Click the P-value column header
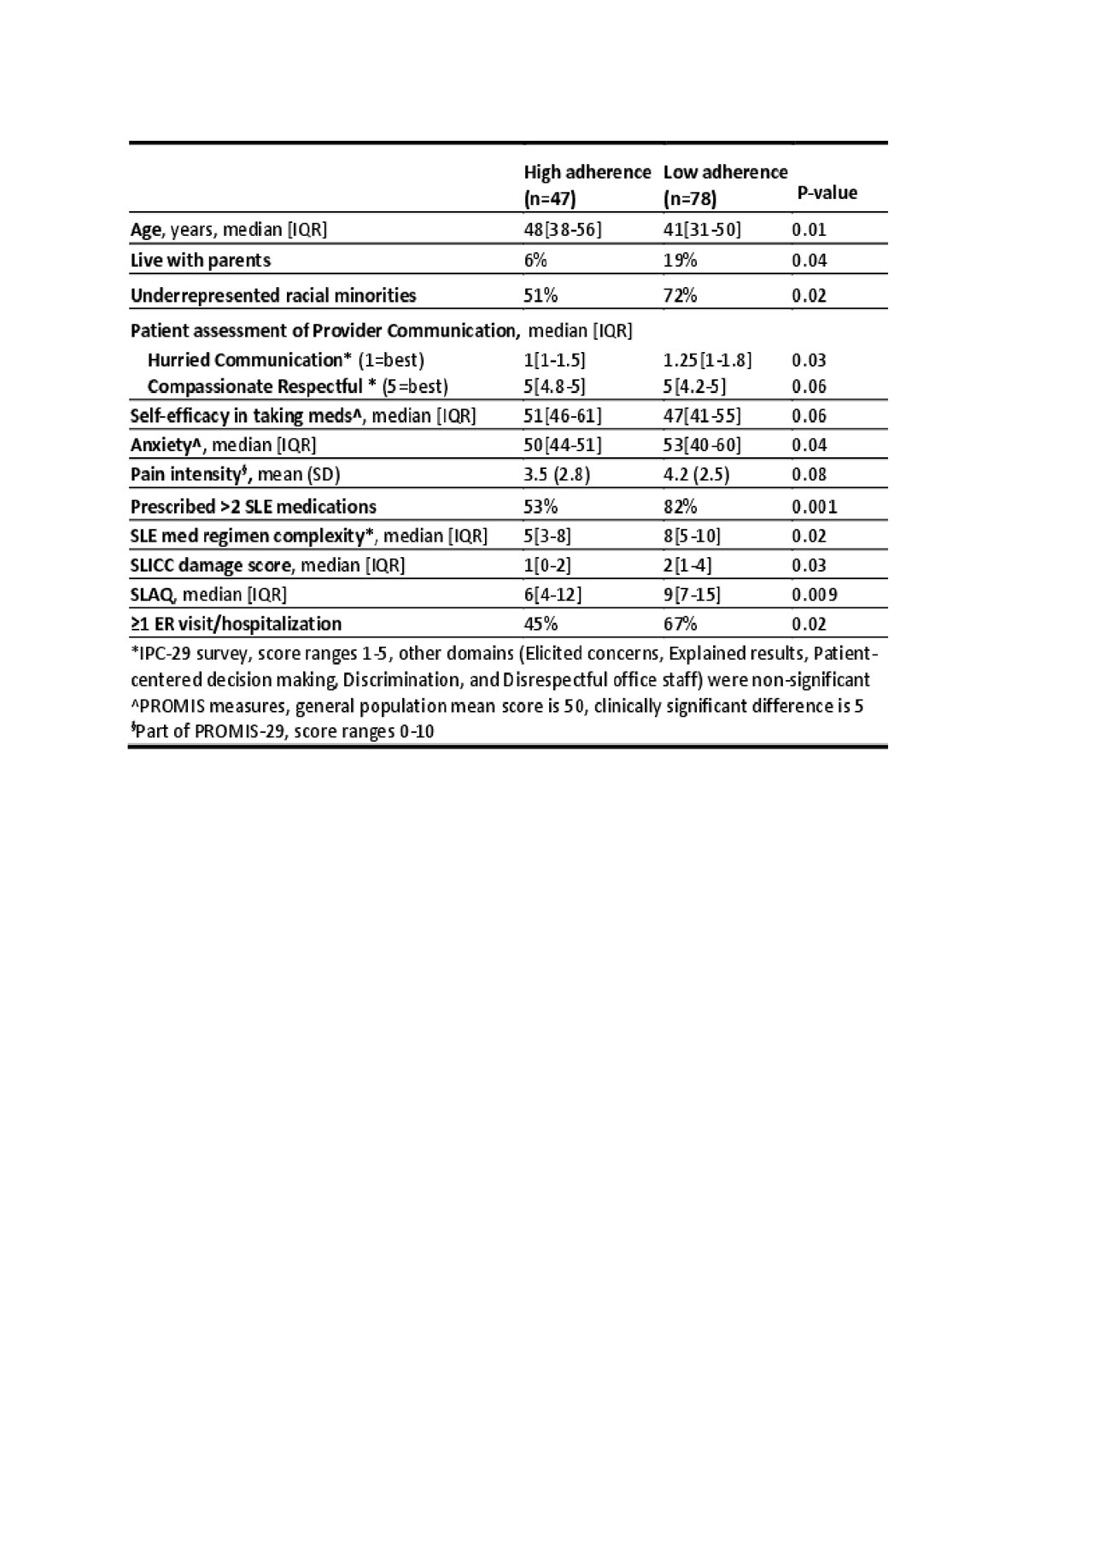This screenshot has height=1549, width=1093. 827,193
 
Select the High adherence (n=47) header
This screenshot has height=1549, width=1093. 587,185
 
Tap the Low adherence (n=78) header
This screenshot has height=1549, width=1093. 725,185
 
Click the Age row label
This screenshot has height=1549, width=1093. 228,230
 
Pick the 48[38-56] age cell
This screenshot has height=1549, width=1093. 563,230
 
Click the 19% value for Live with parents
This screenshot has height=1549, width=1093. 680,261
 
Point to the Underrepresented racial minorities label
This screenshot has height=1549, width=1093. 273,296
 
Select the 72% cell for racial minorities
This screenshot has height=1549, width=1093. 680,296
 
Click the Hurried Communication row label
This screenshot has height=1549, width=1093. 285,360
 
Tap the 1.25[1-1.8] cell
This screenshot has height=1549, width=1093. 707,360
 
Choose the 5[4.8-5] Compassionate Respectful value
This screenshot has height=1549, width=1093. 554,386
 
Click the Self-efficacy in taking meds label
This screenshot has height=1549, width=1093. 303,416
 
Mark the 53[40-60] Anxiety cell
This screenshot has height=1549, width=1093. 702,445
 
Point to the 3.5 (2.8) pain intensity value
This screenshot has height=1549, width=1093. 557,475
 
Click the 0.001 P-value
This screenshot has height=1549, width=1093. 814,507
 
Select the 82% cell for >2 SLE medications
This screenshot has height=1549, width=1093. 680,507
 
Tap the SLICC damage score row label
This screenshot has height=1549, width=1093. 267,566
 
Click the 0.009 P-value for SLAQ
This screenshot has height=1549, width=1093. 814,595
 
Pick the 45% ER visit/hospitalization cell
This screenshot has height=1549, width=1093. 540,624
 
